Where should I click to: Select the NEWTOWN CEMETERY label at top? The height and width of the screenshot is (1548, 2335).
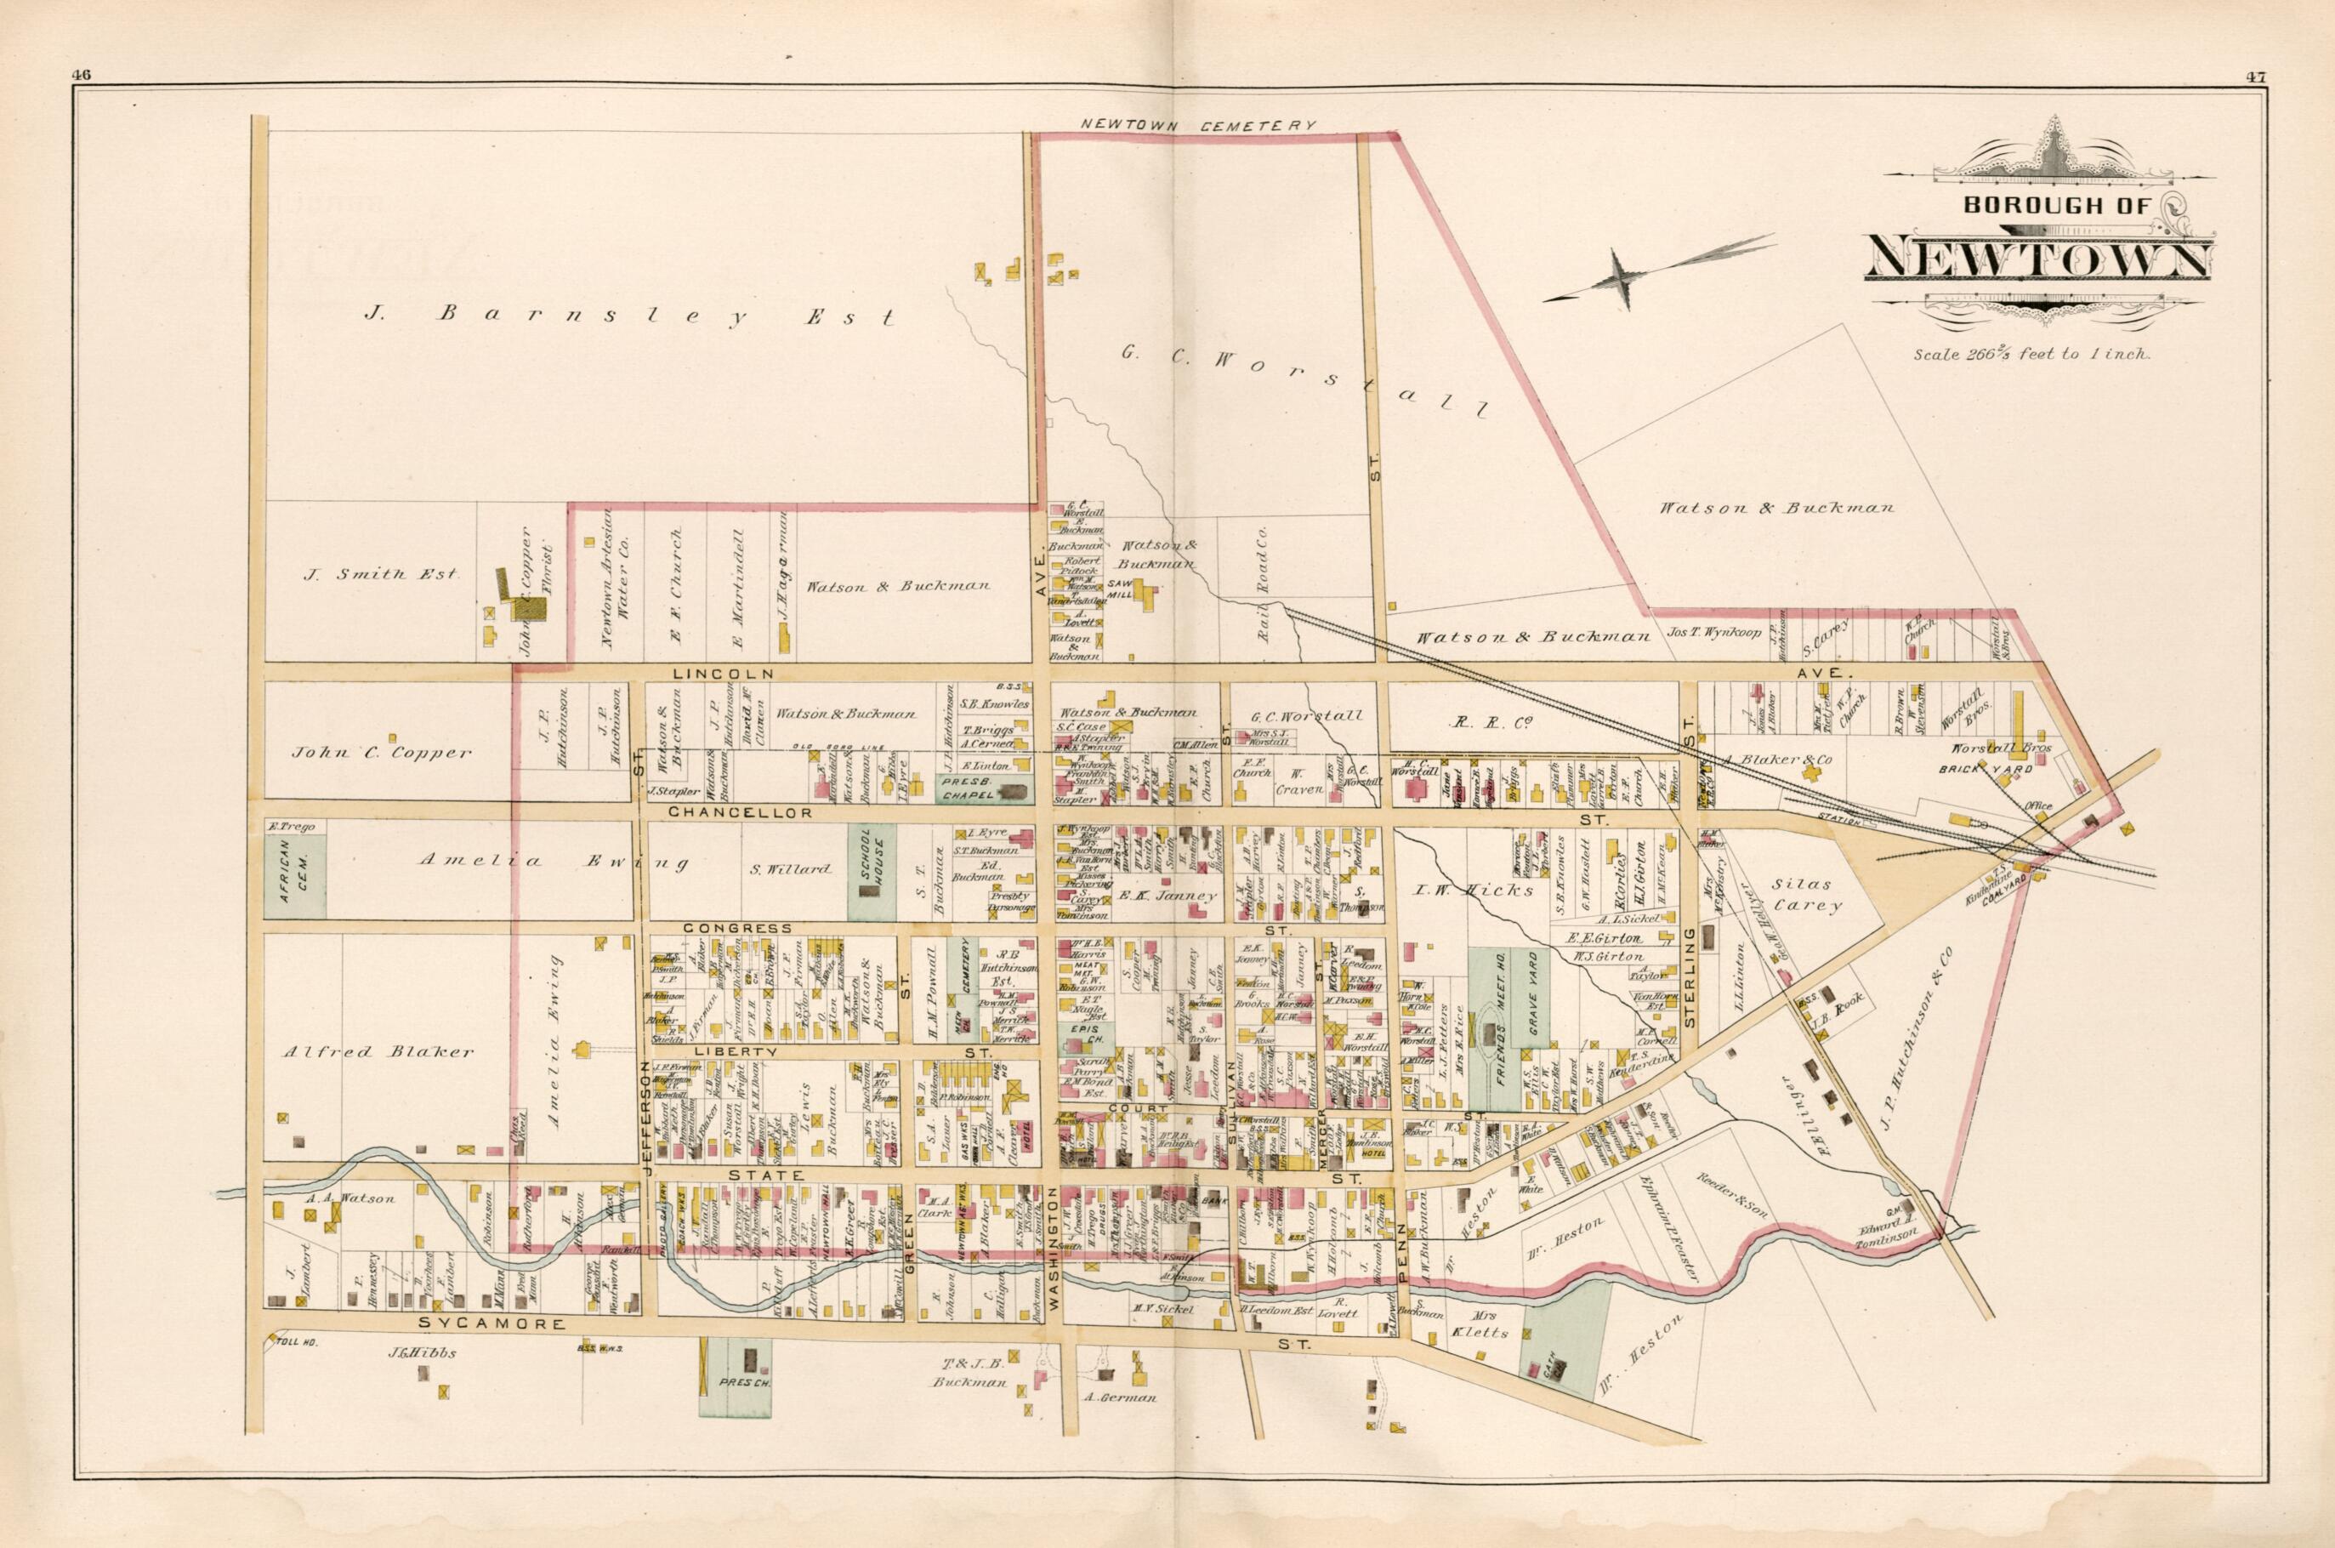tap(1198, 125)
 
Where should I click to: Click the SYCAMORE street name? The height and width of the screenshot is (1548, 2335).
tap(478, 1323)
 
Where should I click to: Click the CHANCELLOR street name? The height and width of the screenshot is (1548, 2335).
tap(739, 812)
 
